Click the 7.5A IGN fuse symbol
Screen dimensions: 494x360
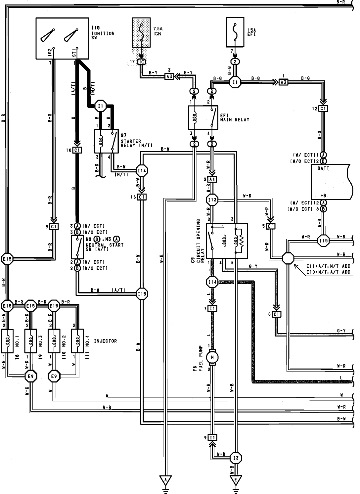click(142, 33)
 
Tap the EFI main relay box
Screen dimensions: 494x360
click(203, 117)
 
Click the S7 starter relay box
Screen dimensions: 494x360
click(106, 141)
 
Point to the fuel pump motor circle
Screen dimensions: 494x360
click(211, 357)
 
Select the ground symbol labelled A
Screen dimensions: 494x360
click(165, 480)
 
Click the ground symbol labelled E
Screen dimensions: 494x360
click(236, 480)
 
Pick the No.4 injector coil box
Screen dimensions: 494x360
click(78, 340)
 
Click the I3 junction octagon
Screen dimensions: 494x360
click(236, 458)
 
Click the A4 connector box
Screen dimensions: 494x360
click(212, 179)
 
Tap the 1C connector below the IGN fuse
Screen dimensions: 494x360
click(141, 62)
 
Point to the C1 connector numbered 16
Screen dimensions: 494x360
click(142, 197)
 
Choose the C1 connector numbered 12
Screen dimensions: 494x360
click(323, 109)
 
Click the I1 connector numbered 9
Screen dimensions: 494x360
click(212, 438)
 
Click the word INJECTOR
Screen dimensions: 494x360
click(105, 341)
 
